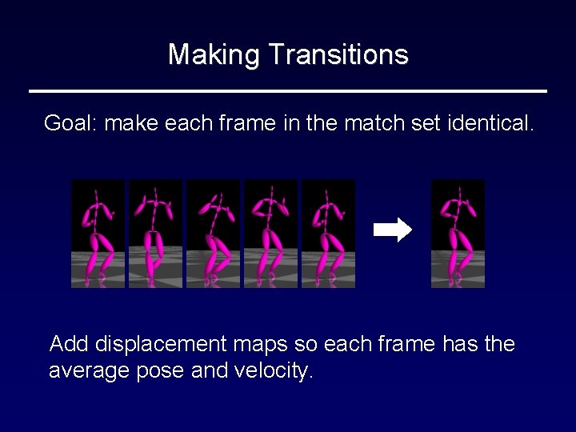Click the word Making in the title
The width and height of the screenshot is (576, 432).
pos(214,55)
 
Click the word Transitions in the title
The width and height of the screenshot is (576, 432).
pos(338,55)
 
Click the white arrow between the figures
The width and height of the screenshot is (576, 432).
pos(393,230)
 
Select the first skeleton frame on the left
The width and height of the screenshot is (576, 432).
pos(98,234)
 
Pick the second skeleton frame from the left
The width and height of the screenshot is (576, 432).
pos(155,234)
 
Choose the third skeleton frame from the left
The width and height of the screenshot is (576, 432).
pos(213,234)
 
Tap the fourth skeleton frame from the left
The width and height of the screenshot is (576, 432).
pos(270,234)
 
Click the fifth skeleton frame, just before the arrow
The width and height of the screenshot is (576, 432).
pos(328,234)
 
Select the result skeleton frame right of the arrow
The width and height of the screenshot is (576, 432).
pos(458,234)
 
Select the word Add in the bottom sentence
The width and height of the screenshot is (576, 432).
pos(69,345)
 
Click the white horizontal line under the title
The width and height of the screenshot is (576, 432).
pos(288,90)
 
